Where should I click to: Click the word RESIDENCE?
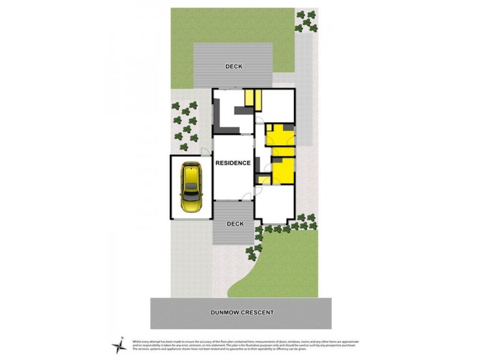233,163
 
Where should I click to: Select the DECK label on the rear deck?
234,66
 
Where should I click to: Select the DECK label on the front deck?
235,224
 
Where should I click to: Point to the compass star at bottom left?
119,345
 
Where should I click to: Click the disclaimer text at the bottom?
246,345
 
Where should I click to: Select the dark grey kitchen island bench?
242,110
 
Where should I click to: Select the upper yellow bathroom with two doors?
280,136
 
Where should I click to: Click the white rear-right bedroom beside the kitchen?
279,104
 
